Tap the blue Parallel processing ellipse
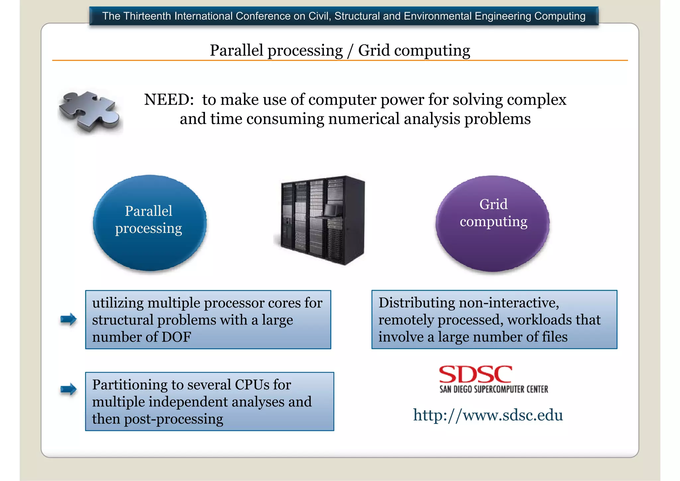[x=149, y=223]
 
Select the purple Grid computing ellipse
[x=493, y=223]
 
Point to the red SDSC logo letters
[x=475, y=374]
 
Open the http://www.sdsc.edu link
[x=488, y=415]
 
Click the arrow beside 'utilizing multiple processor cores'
[x=68, y=319]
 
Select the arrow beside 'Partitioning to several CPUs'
[x=68, y=389]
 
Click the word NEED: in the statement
[x=169, y=100]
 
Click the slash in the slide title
[x=350, y=51]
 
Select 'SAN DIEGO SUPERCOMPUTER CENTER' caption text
[x=494, y=389]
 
